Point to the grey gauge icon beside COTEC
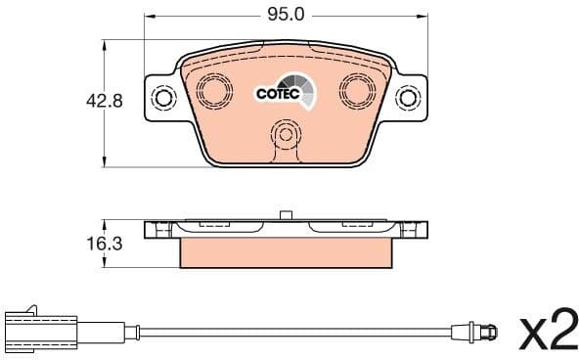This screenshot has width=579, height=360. (301, 92)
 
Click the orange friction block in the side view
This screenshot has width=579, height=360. (287, 253)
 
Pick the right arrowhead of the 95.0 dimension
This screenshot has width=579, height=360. (424, 17)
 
